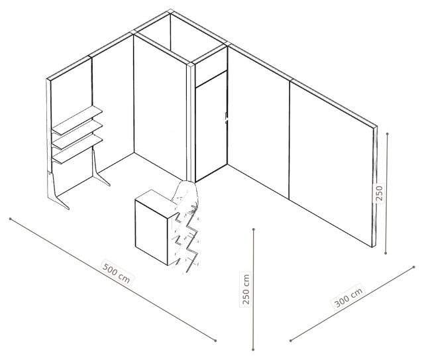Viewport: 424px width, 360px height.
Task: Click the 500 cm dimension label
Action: [117, 272]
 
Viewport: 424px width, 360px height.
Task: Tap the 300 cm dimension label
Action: [348, 297]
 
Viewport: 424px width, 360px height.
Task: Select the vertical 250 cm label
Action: [246, 289]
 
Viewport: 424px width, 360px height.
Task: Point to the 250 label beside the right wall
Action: [379, 194]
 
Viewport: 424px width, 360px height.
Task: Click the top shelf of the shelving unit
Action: [77, 121]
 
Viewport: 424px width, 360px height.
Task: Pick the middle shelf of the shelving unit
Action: [77, 135]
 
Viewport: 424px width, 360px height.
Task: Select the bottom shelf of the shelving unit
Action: [77, 149]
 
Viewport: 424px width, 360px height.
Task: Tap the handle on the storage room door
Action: [227, 118]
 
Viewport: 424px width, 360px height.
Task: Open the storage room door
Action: [211, 126]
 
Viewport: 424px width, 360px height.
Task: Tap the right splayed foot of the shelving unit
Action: [100, 170]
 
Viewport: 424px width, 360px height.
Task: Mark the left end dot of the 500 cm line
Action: [11, 219]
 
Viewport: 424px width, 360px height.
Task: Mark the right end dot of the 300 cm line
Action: [413, 267]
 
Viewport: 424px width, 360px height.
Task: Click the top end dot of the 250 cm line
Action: [253, 229]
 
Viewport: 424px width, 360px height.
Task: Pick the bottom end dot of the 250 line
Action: [386, 253]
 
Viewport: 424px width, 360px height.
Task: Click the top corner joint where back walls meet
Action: [170, 11]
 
